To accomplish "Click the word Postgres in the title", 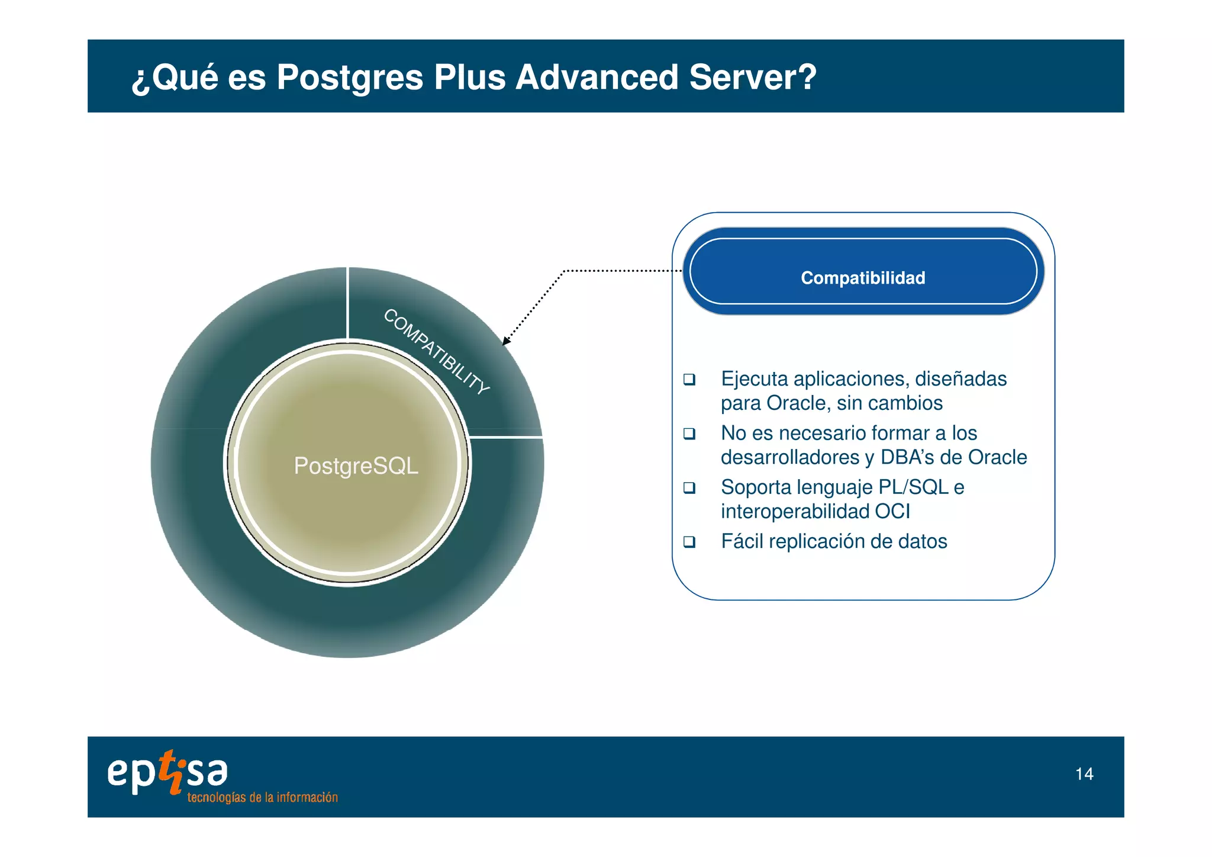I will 349,78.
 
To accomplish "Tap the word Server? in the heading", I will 752,78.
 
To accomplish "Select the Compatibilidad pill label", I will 862,278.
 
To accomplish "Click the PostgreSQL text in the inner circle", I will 356,466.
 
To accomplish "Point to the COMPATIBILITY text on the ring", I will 437,352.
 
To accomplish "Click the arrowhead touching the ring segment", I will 505,341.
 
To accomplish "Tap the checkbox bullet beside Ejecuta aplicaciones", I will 689,379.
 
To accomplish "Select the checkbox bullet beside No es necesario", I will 689,434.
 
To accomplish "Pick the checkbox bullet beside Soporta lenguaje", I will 689,487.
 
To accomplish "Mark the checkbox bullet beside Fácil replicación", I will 689,541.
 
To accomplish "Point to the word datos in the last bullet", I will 922,541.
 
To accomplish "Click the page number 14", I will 1084,774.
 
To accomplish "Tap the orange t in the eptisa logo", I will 171,771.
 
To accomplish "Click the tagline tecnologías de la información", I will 262,798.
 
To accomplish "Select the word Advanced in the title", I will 597,78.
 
